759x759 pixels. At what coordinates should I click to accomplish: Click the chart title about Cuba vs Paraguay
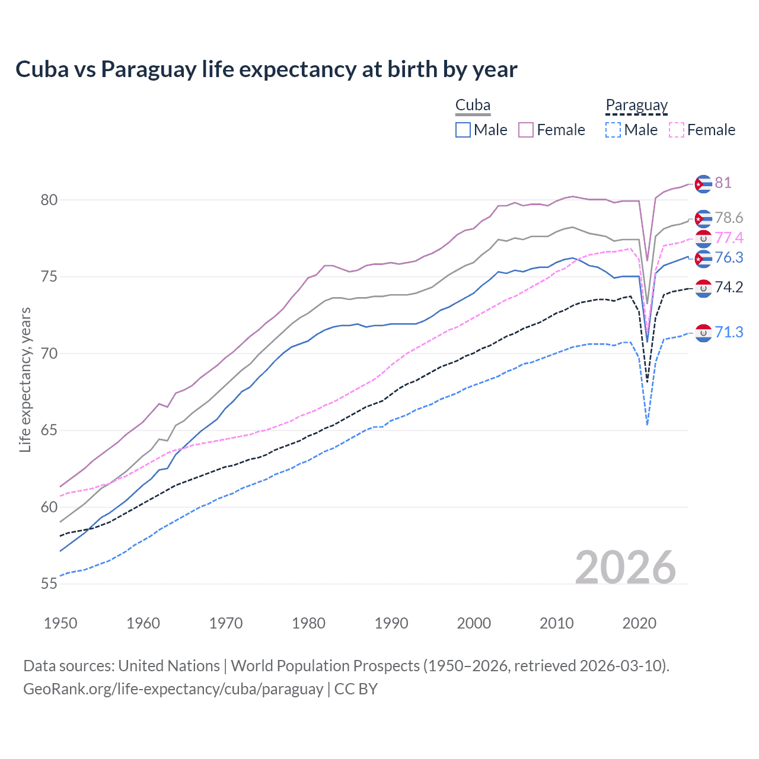click(266, 69)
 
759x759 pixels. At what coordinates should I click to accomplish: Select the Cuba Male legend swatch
click(463, 130)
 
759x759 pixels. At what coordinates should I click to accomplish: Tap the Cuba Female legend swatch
click(526, 130)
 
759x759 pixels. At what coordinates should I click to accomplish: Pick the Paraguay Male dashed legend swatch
click(613, 130)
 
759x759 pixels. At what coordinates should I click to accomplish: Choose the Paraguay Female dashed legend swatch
click(676, 130)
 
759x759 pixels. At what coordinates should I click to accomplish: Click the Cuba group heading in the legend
click(473, 106)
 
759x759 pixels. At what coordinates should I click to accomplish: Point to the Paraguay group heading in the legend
click(636, 106)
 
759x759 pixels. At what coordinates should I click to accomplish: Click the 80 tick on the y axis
click(49, 200)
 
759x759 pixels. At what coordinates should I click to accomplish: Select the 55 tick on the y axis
click(49, 584)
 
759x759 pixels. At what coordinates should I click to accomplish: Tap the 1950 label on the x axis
click(60, 623)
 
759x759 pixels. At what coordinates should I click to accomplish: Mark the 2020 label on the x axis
click(639, 623)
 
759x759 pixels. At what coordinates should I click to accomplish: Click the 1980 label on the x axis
click(308, 623)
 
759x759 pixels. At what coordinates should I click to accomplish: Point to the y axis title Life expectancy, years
click(25, 379)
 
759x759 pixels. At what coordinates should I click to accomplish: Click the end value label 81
click(723, 183)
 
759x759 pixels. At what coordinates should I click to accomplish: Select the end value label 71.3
click(729, 332)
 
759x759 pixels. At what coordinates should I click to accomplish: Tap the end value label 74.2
click(729, 288)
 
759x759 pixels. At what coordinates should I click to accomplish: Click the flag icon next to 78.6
click(703, 218)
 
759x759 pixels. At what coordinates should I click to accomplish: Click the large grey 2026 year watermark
click(626, 567)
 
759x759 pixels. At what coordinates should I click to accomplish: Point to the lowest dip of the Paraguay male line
click(647, 425)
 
